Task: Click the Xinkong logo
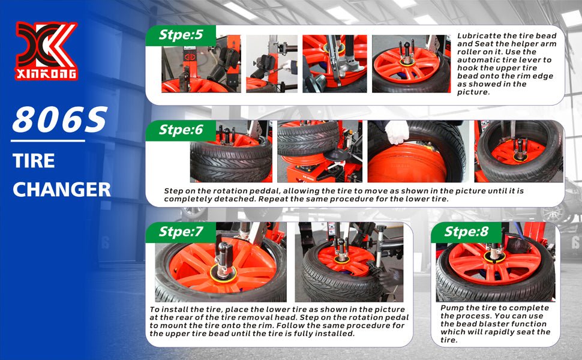tap(46, 51)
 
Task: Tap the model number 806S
tap(60, 120)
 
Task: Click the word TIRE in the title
tap(34, 161)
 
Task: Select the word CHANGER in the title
tap(62, 190)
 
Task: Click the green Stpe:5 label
tap(181, 35)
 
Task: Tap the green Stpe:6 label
tap(181, 130)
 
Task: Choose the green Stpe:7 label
tap(181, 232)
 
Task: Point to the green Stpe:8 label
tap(466, 232)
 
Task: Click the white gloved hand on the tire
tap(397, 132)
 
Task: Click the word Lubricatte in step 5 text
tap(475, 36)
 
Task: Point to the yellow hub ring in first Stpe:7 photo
tap(223, 274)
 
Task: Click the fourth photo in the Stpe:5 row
tap(411, 64)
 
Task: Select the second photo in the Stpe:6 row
tap(320, 151)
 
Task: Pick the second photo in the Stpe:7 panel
tap(349, 262)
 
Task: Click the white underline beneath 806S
tap(48, 141)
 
